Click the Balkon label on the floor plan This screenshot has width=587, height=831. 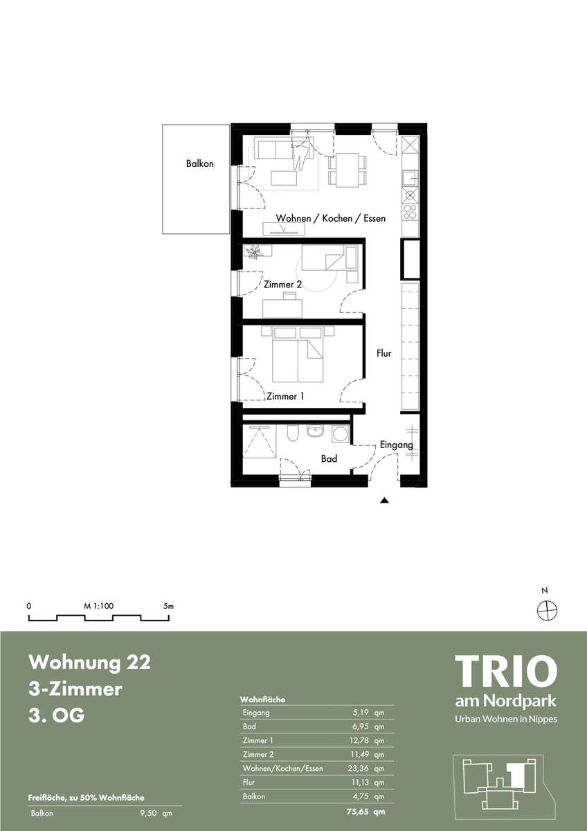[x=200, y=163]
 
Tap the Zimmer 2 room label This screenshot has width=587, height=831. [x=282, y=285]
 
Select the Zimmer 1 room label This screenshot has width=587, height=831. [x=285, y=396]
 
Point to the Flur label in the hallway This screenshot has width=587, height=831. [x=383, y=354]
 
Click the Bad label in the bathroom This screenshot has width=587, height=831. [x=329, y=459]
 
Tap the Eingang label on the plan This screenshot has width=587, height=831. [x=396, y=445]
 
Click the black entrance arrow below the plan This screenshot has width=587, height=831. [x=384, y=501]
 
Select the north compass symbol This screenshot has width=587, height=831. [x=548, y=609]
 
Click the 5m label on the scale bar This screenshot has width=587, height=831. [x=168, y=606]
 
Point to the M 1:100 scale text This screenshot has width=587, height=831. [x=98, y=606]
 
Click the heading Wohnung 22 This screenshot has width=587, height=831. [x=89, y=663]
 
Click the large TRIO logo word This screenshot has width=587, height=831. [x=506, y=671]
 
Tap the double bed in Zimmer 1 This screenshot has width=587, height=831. [x=298, y=354]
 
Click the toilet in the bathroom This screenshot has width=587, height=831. [x=292, y=434]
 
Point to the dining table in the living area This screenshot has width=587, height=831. [x=347, y=170]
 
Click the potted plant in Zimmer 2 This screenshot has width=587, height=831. [x=253, y=252]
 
